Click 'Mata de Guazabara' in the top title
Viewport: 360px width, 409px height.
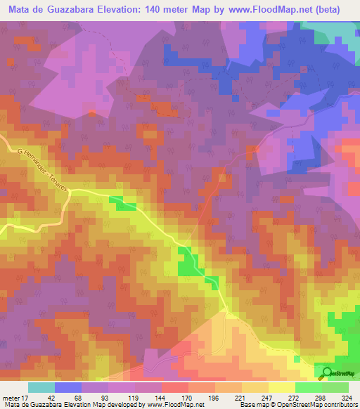tap(50, 10)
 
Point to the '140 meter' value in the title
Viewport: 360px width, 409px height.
tap(171, 10)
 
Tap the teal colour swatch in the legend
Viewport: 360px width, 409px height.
tap(41, 387)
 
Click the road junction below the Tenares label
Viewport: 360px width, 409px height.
tap(70, 191)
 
